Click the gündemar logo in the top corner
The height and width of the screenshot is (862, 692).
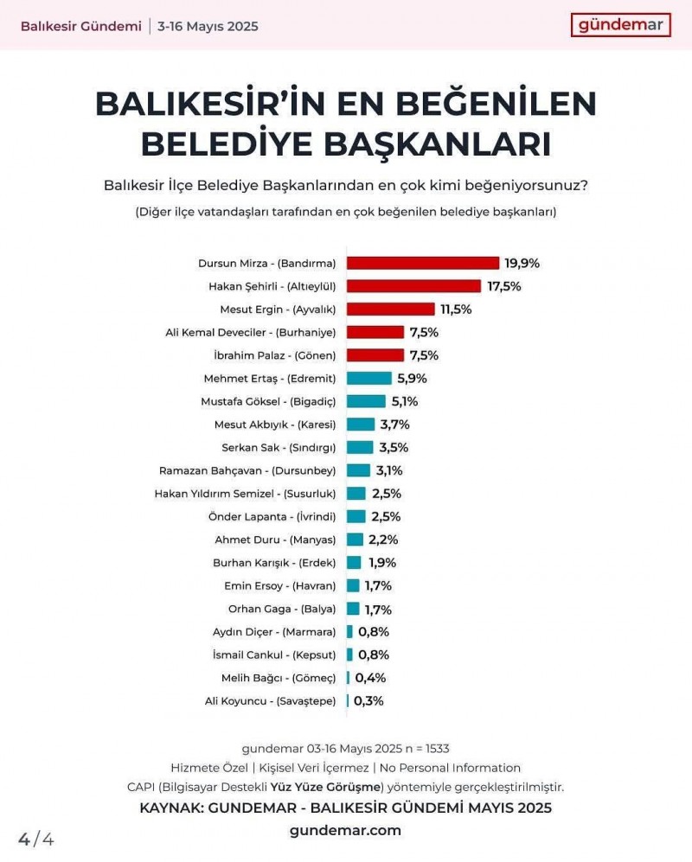click(x=620, y=24)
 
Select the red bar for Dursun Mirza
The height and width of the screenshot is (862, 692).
click(x=423, y=263)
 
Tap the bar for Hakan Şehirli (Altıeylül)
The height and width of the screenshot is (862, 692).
click(x=413, y=285)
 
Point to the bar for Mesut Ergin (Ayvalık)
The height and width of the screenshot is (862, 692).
click(x=390, y=309)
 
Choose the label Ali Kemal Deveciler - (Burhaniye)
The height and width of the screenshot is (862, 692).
click(x=251, y=332)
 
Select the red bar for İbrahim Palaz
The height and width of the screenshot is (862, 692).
click(x=375, y=355)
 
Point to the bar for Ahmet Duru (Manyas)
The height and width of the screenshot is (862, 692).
click(x=355, y=540)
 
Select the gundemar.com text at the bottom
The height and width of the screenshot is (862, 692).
click(x=345, y=830)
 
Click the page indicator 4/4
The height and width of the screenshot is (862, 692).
click(x=36, y=839)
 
